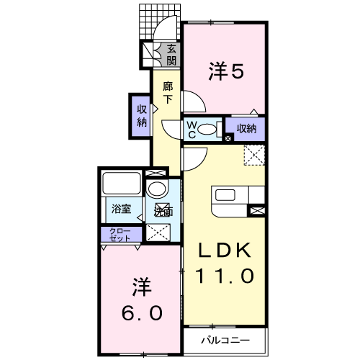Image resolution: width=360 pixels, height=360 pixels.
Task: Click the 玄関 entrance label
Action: click(x=171, y=55)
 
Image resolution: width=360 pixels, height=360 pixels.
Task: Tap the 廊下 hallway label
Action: click(x=168, y=93)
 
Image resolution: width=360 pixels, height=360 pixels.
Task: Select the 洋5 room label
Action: click(x=227, y=71)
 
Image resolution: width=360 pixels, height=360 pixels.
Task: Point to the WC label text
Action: click(x=192, y=130)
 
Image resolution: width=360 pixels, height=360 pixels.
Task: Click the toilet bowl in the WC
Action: click(x=207, y=130)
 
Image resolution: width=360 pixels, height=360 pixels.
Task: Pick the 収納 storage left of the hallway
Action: click(x=142, y=116)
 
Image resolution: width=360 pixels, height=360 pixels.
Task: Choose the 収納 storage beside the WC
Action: click(x=246, y=129)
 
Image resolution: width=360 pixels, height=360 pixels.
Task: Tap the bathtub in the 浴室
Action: click(x=122, y=183)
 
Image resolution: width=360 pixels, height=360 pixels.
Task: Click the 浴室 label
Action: click(x=121, y=209)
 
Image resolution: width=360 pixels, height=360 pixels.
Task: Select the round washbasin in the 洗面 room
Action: click(x=157, y=189)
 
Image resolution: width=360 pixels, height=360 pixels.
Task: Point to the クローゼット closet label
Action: click(x=120, y=235)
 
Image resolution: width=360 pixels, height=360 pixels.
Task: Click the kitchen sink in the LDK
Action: click(x=225, y=195)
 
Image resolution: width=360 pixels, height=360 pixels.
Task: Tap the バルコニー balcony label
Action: click(x=225, y=341)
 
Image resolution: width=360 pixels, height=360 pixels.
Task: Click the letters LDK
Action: click(x=225, y=251)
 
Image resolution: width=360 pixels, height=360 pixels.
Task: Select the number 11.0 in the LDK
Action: click(x=225, y=276)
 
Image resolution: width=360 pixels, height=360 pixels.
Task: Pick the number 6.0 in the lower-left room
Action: click(x=142, y=312)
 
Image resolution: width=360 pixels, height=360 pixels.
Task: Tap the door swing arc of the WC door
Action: click(x=166, y=131)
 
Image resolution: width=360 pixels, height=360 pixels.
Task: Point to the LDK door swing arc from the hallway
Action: click(x=201, y=163)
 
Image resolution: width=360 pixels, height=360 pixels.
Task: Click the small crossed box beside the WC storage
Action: click(x=228, y=138)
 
